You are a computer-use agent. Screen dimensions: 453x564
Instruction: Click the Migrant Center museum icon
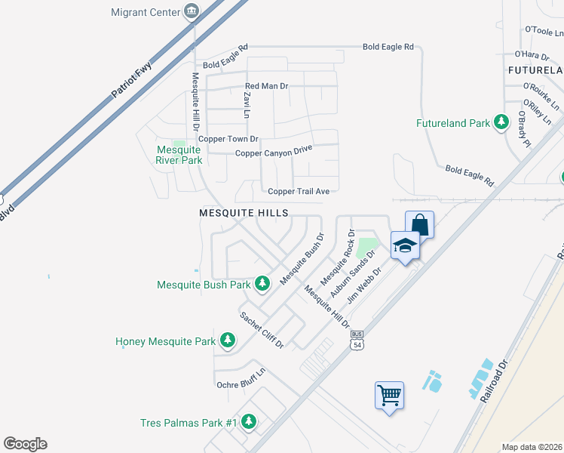pyautogui.click(x=192, y=12)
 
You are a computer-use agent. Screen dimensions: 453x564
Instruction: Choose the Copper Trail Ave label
pyautogui.click(x=299, y=192)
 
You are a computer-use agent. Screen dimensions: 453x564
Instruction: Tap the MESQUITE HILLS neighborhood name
pyautogui.click(x=244, y=214)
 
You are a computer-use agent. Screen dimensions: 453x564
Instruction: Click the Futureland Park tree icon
pyautogui.click(x=501, y=122)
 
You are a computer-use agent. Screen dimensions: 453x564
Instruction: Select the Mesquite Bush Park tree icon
pyautogui.click(x=262, y=285)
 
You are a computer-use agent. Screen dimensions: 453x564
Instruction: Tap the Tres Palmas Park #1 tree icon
pyautogui.click(x=249, y=423)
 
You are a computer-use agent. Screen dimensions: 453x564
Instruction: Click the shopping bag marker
pyautogui.click(x=420, y=224)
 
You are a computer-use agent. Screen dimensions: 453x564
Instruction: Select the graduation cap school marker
pyautogui.click(x=405, y=246)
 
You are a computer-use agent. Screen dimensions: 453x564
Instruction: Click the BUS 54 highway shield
pyautogui.click(x=357, y=340)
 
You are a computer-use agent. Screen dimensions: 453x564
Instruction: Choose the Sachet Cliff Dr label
pyautogui.click(x=262, y=330)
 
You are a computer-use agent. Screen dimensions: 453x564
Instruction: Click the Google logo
pyautogui.click(x=25, y=444)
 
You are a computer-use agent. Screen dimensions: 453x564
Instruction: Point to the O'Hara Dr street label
pyautogui.click(x=530, y=54)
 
